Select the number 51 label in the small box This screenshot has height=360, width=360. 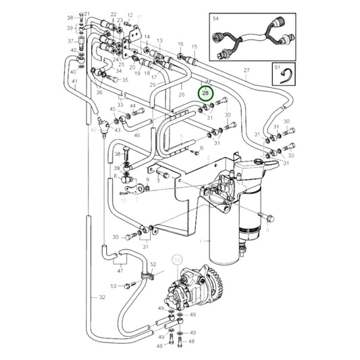click(x=276, y=68)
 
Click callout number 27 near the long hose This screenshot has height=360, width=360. click(x=247, y=70)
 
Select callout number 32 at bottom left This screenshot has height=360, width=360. click(x=102, y=297)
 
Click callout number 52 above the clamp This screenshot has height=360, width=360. click(x=153, y=264)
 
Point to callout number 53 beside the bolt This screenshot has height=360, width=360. click(x=113, y=286)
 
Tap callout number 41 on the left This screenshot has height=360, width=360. click(x=74, y=81)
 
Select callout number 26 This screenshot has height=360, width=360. click(x=182, y=95)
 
